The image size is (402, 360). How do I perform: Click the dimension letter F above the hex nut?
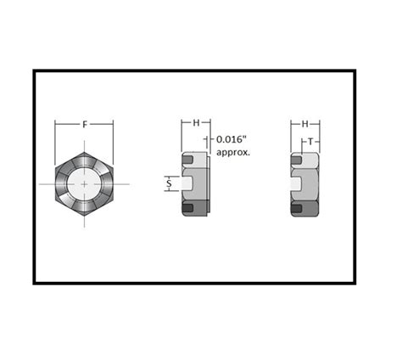[x=84, y=125]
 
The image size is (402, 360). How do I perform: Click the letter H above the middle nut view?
[x=196, y=123]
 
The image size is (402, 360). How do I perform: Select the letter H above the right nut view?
[x=304, y=123]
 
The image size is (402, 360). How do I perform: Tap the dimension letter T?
[x=311, y=141]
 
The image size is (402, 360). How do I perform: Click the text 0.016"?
[x=232, y=138]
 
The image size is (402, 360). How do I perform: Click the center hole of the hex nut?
[x=84, y=183]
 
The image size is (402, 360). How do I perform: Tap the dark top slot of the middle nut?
[x=187, y=159]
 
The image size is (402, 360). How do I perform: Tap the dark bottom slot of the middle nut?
[x=187, y=209]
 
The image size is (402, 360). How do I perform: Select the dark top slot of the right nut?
[x=296, y=159]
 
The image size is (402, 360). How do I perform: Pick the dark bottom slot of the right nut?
[x=296, y=209]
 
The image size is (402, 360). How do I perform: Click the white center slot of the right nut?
[x=299, y=183]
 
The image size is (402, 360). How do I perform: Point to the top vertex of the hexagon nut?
[x=84, y=152]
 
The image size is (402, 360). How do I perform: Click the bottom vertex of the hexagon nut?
[x=84, y=216]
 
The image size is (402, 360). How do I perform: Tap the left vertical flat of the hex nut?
[x=57, y=183]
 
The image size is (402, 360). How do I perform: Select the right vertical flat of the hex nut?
[x=112, y=183]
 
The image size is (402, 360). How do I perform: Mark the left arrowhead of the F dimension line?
[x=58, y=125]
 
